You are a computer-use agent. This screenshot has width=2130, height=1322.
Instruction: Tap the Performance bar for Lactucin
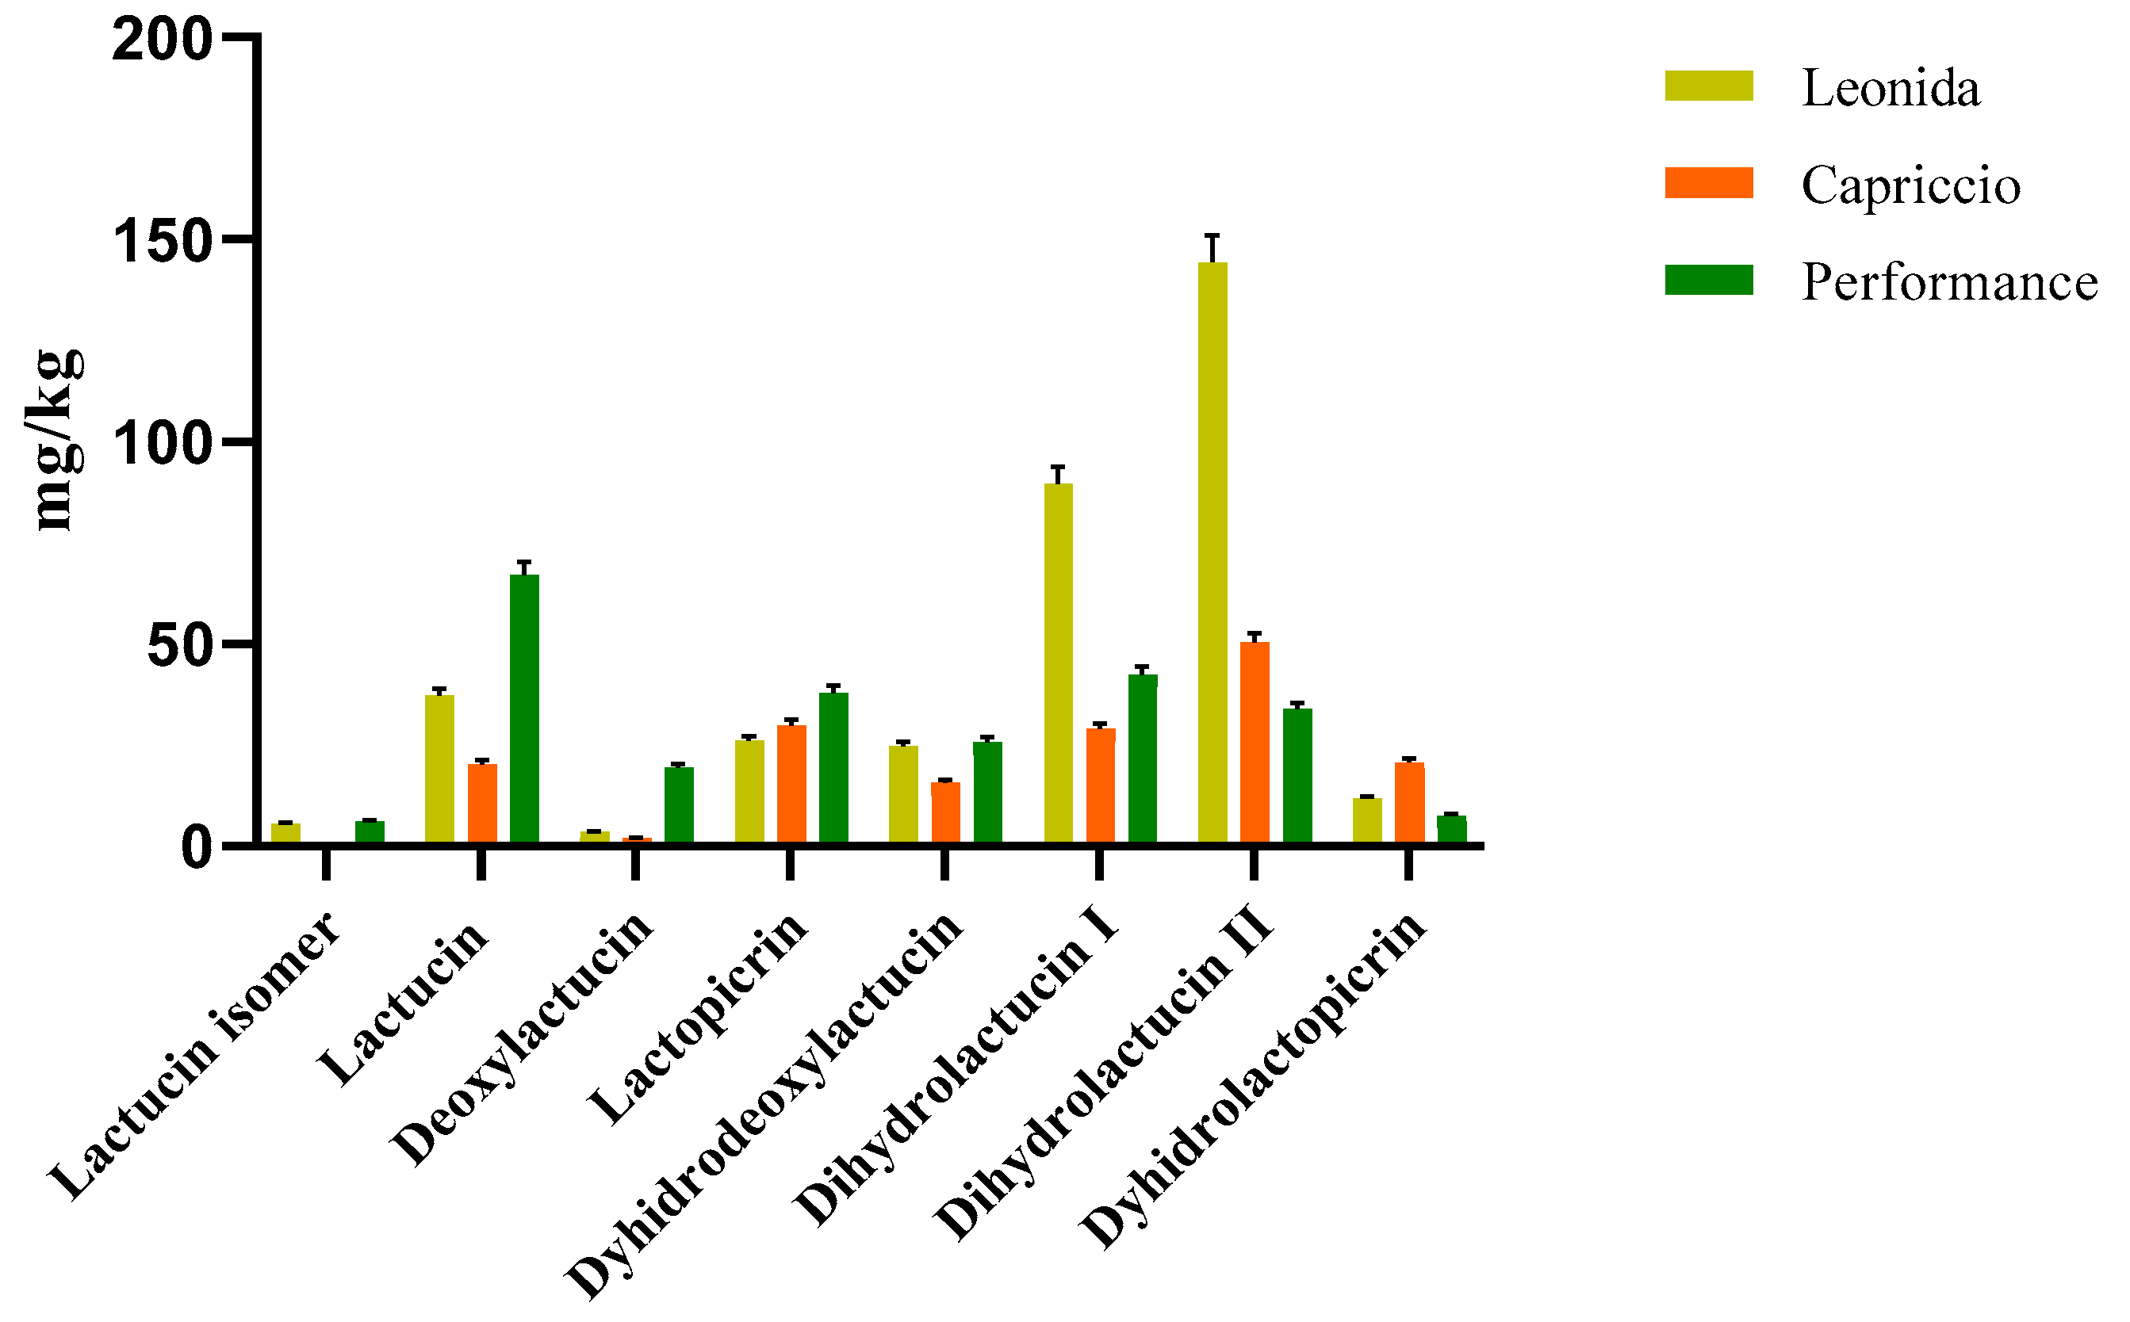tap(524, 709)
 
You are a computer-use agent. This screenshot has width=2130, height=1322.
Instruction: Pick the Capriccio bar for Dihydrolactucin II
tap(1255, 743)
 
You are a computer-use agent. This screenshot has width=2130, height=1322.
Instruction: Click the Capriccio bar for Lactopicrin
tap(791, 783)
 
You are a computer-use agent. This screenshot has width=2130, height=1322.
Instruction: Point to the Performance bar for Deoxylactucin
tap(679, 804)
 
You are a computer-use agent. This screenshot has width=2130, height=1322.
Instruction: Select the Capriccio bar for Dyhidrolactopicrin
tap(1409, 802)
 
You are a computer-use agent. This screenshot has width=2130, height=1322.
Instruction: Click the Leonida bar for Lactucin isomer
tap(285, 832)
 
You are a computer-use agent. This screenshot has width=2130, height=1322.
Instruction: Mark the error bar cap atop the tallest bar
tap(1212, 235)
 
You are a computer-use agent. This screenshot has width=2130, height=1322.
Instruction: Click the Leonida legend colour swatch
tap(1708, 86)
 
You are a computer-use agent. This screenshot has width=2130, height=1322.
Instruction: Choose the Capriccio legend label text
tap(1910, 185)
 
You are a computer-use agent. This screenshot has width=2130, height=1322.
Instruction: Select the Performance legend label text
tap(1949, 282)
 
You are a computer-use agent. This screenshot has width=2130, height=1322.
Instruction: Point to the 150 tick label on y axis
tap(163, 240)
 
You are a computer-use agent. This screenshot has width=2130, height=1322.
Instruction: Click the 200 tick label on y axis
tap(163, 40)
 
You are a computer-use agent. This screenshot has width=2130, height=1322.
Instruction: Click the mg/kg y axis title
tap(57, 439)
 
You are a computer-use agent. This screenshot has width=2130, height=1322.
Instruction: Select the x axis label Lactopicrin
tap(697, 1018)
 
